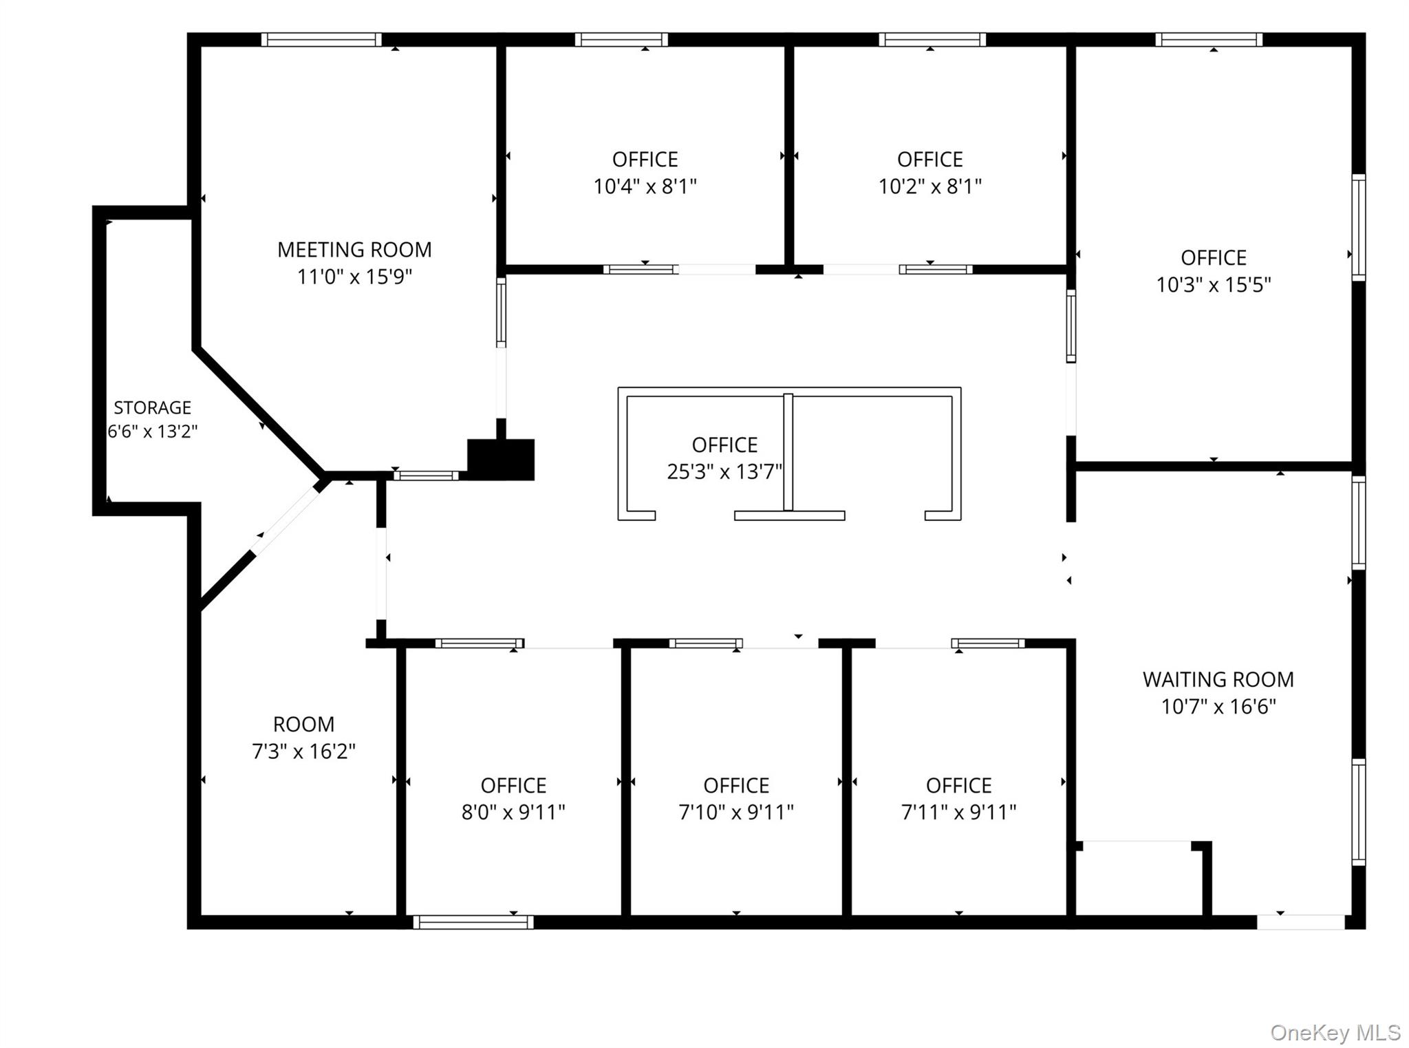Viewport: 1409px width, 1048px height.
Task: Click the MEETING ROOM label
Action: click(x=354, y=249)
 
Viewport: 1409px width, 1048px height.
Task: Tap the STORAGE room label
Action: click(x=152, y=408)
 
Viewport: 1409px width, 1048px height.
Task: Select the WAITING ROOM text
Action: click(x=1218, y=680)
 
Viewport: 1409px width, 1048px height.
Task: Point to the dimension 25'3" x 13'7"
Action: click(x=724, y=471)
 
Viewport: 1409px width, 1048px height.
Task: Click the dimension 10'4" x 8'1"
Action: click(x=645, y=186)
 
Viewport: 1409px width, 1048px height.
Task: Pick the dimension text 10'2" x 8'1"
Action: click(x=929, y=186)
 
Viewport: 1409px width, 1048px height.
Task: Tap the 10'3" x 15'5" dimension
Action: click(x=1213, y=284)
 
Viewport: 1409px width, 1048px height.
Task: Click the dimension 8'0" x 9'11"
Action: click(x=513, y=812)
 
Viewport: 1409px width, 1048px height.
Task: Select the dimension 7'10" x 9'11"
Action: click(x=736, y=812)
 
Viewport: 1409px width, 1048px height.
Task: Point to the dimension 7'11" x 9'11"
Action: click(x=958, y=812)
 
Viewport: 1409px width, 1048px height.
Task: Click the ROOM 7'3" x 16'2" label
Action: click(x=303, y=738)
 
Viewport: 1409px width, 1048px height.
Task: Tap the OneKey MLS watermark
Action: click(x=1335, y=1032)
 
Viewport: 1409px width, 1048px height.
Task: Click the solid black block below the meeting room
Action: click(x=501, y=459)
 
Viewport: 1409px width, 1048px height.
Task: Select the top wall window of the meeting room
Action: click(x=321, y=40)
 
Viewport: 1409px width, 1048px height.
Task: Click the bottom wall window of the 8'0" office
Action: click(x=473, y=922)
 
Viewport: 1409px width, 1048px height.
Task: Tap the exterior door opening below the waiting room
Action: click(x=1301, y=922)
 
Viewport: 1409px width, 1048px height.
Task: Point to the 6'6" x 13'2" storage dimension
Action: click(x=152, y=431)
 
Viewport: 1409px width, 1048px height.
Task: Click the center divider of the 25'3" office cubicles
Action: click(x=788, y=452)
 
